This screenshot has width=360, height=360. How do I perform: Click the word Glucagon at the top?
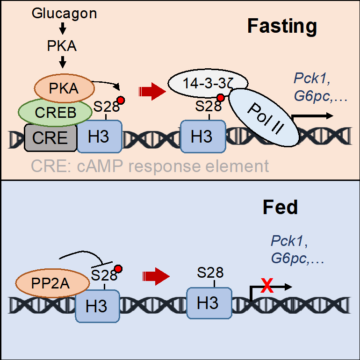point(64,13)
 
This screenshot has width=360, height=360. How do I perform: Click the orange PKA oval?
point(64,89)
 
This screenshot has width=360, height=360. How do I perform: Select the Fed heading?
point(280,208)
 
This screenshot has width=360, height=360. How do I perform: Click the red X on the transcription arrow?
point(267,285)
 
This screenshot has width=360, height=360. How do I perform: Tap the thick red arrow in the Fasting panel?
point(152,91)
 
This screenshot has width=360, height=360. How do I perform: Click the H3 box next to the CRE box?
point(100,136)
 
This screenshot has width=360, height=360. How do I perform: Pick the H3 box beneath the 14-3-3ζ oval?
point(202,137)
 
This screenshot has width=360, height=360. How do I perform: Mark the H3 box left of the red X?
point(209,303)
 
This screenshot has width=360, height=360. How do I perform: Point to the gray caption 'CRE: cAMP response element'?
point(150,166)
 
